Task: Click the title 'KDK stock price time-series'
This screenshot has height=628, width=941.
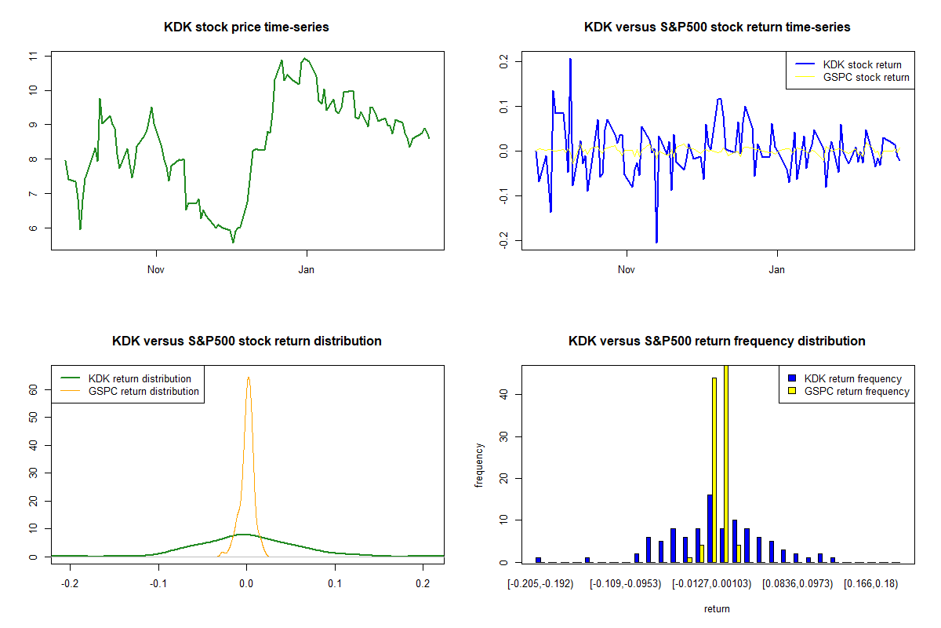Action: (246, 27)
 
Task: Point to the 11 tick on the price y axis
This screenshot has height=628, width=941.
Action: (32, 57)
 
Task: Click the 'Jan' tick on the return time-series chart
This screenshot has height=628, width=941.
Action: (777, 270)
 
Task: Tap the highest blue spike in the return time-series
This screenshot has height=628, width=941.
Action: (570, 59)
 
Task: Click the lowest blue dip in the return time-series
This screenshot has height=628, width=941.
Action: (656, 242)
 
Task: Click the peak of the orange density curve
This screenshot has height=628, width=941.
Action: (248, 378)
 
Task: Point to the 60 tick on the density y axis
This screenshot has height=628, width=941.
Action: (33, 389)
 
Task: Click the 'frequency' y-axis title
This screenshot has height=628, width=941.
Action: (479, 466)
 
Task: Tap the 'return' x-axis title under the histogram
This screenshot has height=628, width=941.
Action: (717, 608)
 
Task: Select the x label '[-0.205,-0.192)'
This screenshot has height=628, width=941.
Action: (541, 584)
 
